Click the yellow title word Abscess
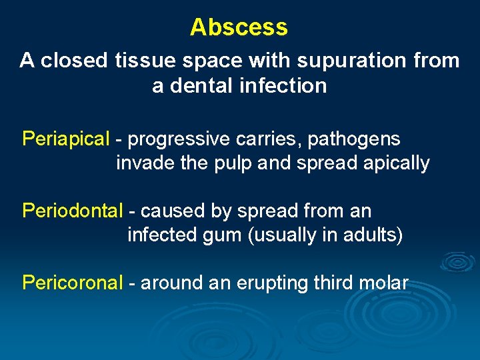pos(239,27)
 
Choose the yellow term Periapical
pos(65,139)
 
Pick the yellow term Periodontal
pos(73,211)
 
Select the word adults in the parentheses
pos(372,236)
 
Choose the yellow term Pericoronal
pos(73,283)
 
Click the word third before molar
pos(337,283)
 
